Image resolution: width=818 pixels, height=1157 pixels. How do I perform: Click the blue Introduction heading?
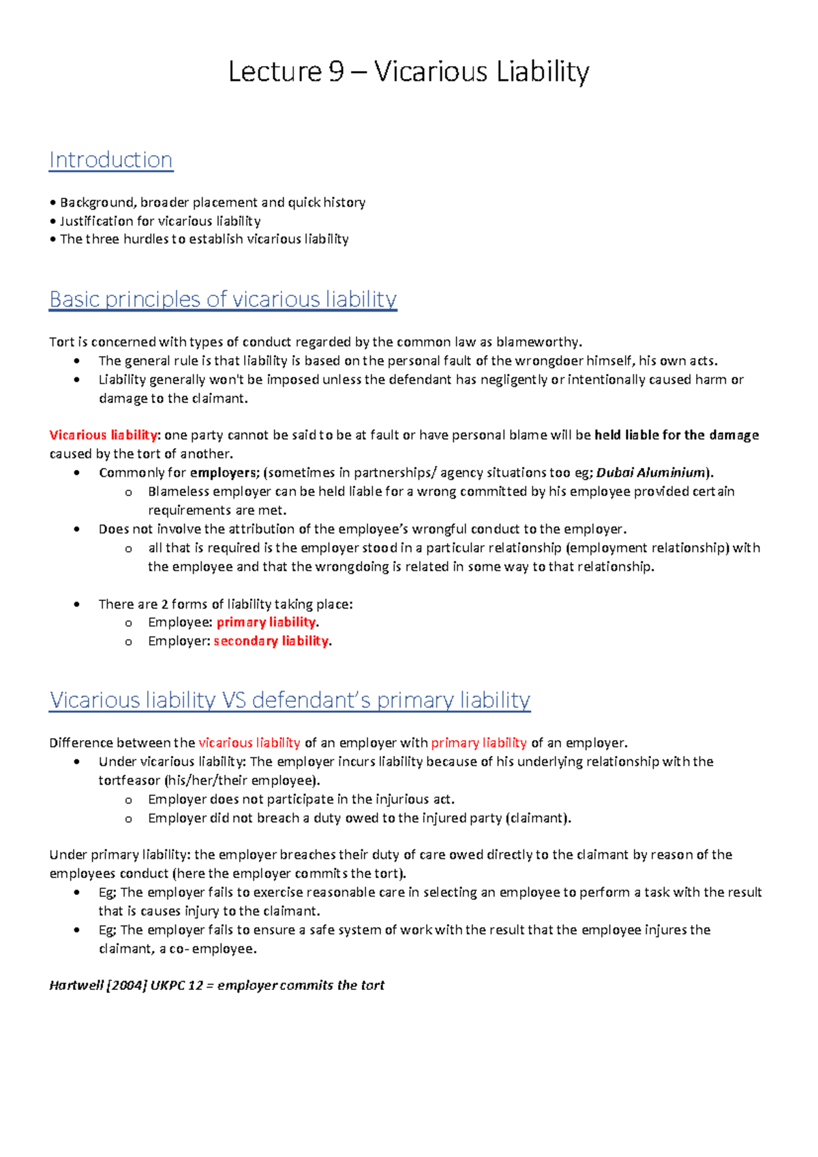tap(110, 160)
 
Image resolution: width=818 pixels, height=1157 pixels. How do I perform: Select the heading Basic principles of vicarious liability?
tap(222, 299)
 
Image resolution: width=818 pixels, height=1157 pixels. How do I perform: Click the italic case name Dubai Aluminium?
tap(650, 473)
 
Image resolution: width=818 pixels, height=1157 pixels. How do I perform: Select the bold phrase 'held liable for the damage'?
tap(676, 435)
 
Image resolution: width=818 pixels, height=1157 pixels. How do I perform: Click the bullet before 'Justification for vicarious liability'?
tap(52, 221)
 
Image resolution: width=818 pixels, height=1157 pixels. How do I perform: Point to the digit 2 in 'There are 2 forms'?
tap(164, 604)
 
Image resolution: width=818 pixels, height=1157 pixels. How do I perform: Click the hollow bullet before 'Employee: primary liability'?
tap(128, 623)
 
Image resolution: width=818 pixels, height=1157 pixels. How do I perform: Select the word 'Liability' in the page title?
tap(543, 72)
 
